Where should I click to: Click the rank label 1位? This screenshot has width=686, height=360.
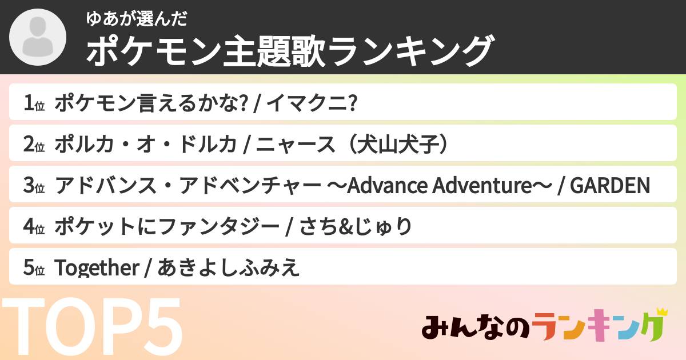34,103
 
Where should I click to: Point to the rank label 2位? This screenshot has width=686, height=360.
34,145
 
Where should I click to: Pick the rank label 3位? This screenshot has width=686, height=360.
34,186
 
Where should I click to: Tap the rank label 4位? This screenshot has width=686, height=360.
34,227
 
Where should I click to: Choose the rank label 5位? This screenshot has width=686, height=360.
34,268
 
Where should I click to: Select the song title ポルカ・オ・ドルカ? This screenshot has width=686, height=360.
145,145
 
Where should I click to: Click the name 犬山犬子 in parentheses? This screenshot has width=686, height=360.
398,145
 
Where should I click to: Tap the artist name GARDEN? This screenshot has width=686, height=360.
610,186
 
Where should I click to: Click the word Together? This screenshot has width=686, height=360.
96,268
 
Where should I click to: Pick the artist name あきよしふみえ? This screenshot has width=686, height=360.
228,268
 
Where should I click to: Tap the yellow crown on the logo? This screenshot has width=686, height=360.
661,312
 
